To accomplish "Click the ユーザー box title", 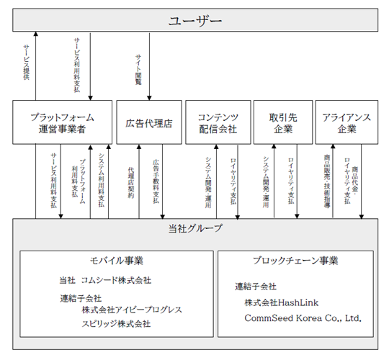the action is pyautogui.click(x=195, y=21).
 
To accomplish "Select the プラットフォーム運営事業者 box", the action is pyautogui.click(x=62, y=122).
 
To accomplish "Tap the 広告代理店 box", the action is pyautogui.click(x=149, y=122).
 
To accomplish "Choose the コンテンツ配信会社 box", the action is pyautogui.click(x=218, y=122).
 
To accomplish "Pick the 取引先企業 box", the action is pyautogui.click(x=283, y=122).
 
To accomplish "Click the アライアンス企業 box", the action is pyautogui.click(x=346, y=122).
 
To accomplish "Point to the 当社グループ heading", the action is pyautogui.click(x=195, y=228).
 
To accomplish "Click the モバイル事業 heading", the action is pyautogui.click(x=117, y=261).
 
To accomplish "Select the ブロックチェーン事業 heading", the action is pyautogui.click(x=295, y=261).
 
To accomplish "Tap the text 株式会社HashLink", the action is pyautogui.click(x=282, y=302).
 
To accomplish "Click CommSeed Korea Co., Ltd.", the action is pyautogui.click(x=303, y=318).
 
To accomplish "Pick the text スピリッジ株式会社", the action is pyautogui.click(x=116, y=324).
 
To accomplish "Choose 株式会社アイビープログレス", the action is pyautogui.click(x=132, y=310).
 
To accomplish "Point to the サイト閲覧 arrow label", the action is pyautogui.click(x=138, y=70).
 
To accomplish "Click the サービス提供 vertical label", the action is pyautogui.click(x=27, y=62).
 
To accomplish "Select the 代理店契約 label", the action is pyautogui.click(x=131, y=183).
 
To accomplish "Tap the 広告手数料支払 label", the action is pyautogui.click(x=156, y=181).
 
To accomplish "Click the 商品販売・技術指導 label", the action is pyautogui.click(x=327, y=181).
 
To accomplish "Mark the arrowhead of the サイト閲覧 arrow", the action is pyautogui.click(x=149, y=98).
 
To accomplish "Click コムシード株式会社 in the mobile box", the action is pyautogui.click(x=116, y=280).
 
